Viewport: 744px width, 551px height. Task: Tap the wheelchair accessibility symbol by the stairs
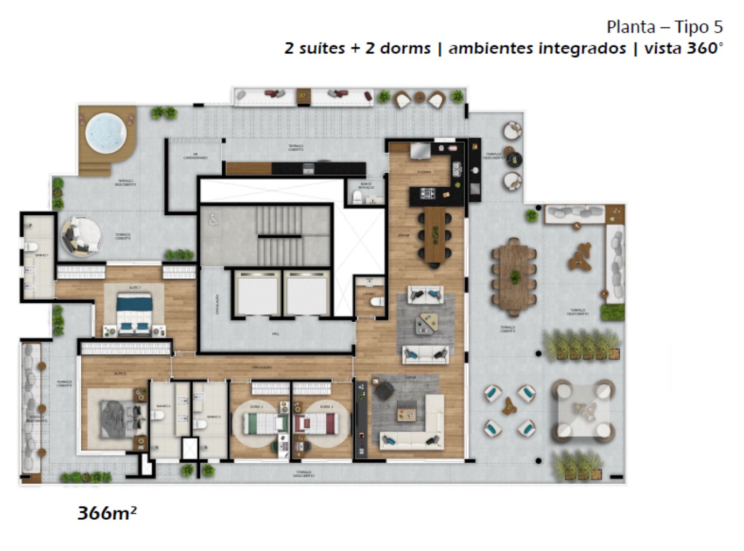(214, 219)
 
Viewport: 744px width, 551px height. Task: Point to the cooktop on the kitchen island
(428, 193)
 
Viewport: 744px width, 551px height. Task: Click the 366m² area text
(107, 513)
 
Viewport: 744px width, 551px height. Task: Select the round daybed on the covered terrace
(81, 236)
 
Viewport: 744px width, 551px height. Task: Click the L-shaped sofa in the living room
(420, 425)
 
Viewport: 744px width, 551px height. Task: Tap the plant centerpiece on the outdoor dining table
(515, 277)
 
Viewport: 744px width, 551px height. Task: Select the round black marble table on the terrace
(515, 158)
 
